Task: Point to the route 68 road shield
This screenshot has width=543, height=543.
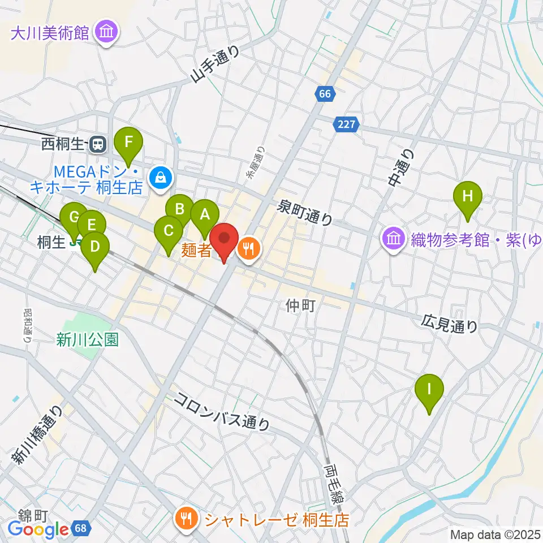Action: click(x=81, y=529)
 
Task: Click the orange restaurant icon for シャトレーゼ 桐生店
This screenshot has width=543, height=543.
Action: click(x=186, y=518)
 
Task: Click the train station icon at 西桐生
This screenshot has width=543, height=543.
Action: click(x=98, y=144)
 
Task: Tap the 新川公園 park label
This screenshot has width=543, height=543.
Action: click(x=87, y=339)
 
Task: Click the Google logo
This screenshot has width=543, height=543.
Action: click(x=38, y=529)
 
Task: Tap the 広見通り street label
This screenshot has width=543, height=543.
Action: click(x=449, y=324)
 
